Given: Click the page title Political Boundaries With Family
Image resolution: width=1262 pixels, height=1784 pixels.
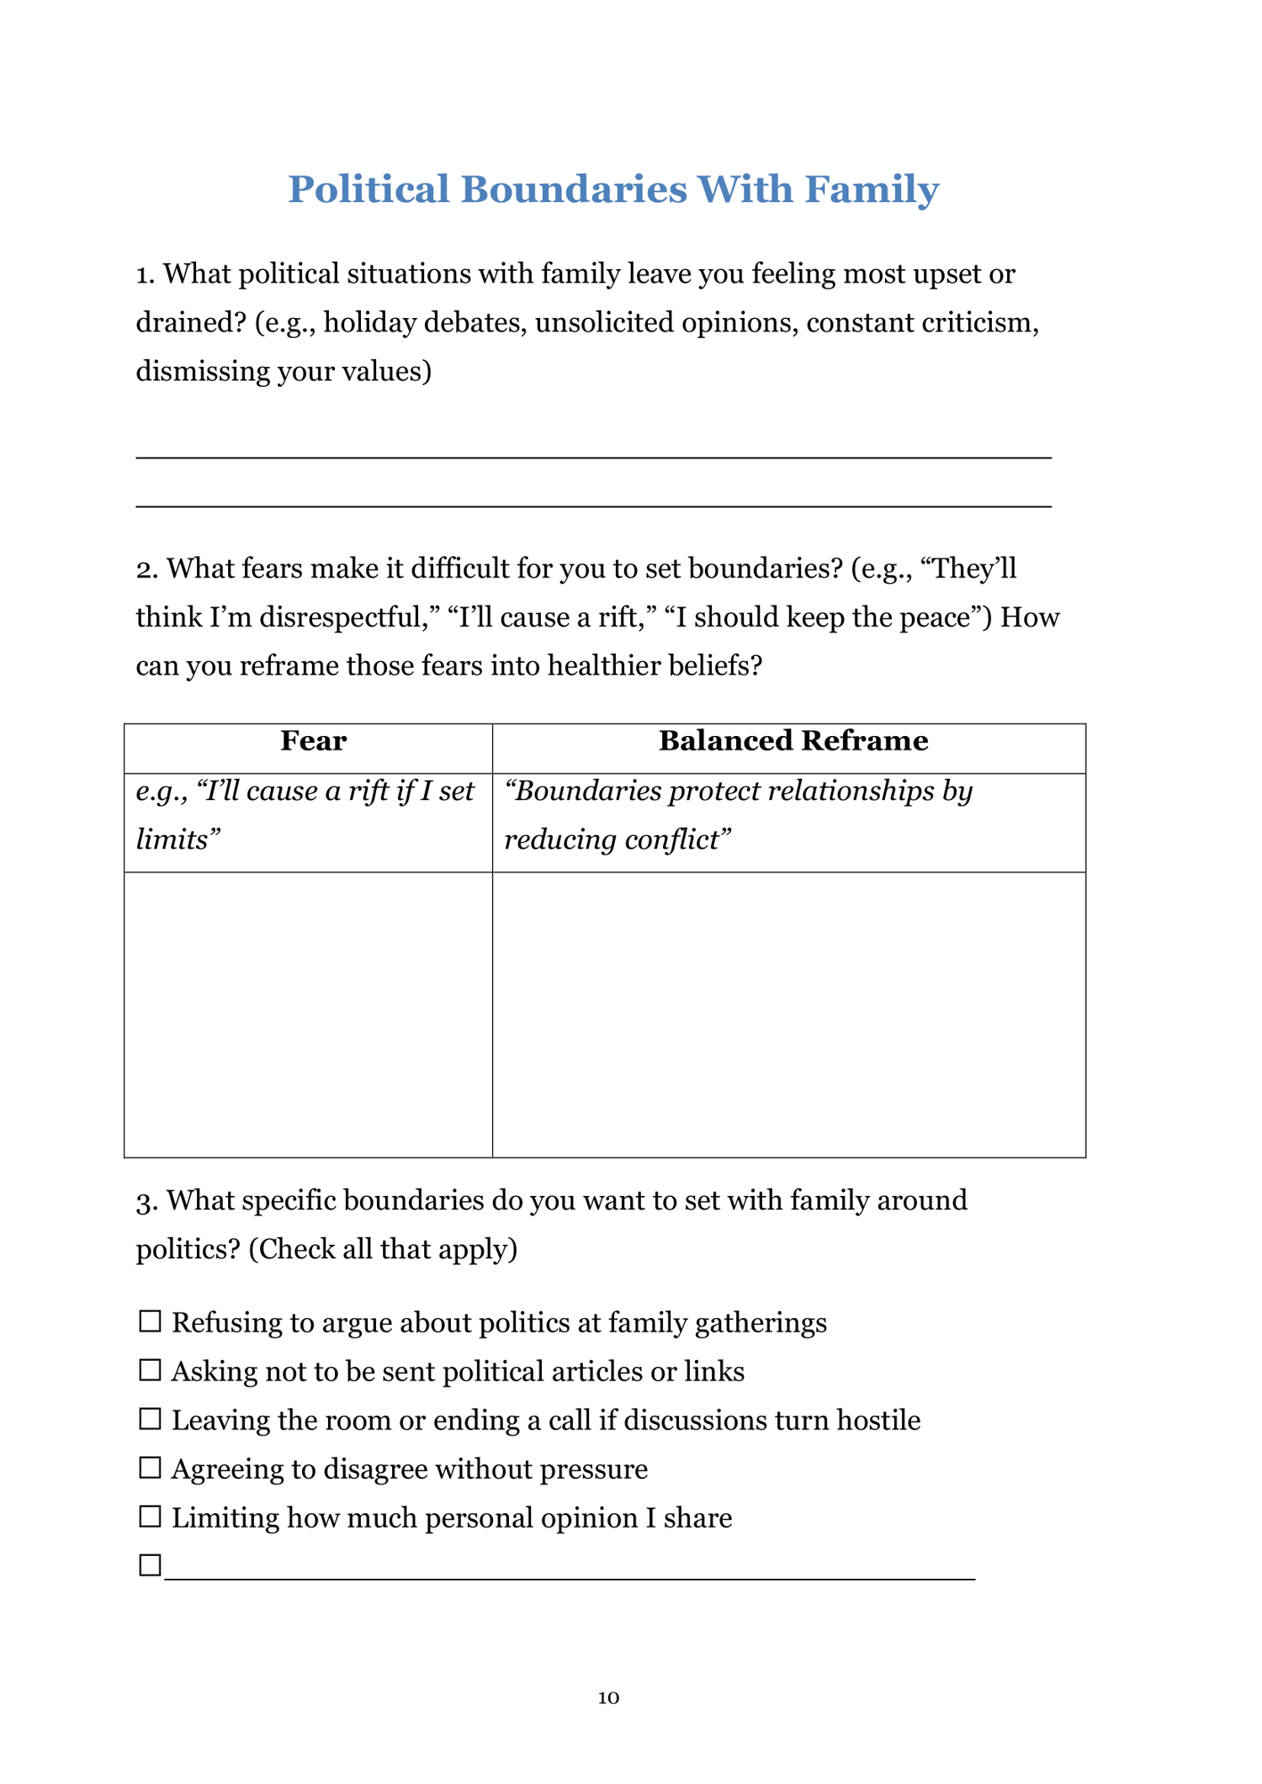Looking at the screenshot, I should pos(613,189).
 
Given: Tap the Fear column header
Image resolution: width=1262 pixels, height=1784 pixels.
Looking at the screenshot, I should pos(313,741).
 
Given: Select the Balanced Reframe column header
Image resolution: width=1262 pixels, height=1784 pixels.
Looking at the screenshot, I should pos(793,741).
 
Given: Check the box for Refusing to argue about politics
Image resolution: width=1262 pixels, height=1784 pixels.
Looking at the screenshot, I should pos(150,1321).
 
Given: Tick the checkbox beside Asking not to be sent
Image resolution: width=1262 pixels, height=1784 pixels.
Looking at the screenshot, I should pos(150,1370).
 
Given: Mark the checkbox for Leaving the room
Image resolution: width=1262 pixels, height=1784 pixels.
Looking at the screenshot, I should pos(150,1419).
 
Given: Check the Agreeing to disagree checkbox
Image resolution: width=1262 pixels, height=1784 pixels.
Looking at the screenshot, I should pos(150,1468).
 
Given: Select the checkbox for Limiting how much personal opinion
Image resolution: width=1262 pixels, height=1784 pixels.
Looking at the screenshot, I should pos(150,1517).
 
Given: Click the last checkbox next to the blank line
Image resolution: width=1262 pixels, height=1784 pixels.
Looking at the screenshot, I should pos(150,1565).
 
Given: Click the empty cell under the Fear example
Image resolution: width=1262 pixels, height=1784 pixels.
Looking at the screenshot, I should pos(308,1014).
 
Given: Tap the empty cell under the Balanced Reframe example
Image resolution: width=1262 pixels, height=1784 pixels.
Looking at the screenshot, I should pos(788,1014).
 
